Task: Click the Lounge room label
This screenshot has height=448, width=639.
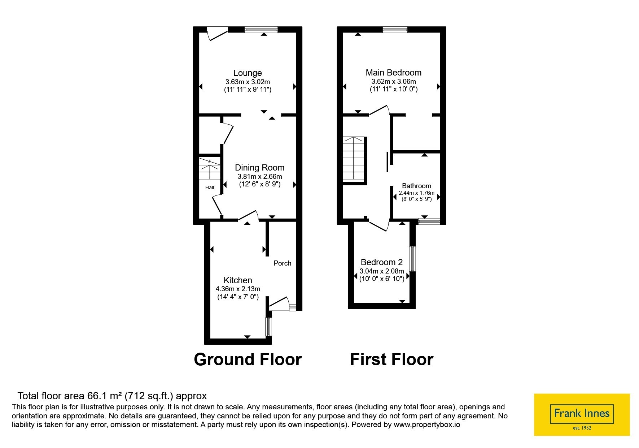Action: click(x=248, y=73)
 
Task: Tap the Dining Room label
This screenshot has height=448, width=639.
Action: click(x=260, y=168)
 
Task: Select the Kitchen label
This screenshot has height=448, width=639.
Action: click(x=238, y=280)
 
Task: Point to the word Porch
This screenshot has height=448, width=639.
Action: click(x=283, y=263)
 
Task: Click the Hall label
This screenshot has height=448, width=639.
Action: click(x=210, y=188)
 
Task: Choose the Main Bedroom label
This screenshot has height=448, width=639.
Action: click(x=394, y=73)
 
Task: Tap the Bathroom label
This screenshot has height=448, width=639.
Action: click(x=417, y=186)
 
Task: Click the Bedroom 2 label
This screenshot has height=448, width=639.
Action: click(x=382, y=262)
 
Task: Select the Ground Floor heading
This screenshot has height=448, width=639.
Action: click(x=248, y=359)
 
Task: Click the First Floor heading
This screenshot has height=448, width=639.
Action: click(x=392, y=359)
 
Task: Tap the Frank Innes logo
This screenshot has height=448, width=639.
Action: click(x=582, y=415)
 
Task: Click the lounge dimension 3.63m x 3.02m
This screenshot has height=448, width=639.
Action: click(x=248, y=82)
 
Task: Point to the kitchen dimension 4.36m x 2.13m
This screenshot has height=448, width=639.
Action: click(x=238, y=289)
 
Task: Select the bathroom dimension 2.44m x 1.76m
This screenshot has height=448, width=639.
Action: click(x=417, y=193)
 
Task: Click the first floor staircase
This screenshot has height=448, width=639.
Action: click(x=355, y=159)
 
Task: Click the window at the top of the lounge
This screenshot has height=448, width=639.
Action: click(x=261, y=30)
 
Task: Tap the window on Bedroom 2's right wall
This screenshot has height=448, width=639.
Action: click(x=412, y=259)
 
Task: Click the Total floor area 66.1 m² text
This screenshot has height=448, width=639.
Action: click(x=112, y=396)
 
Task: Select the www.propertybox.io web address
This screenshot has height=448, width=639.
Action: click(x=427, y=425)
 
